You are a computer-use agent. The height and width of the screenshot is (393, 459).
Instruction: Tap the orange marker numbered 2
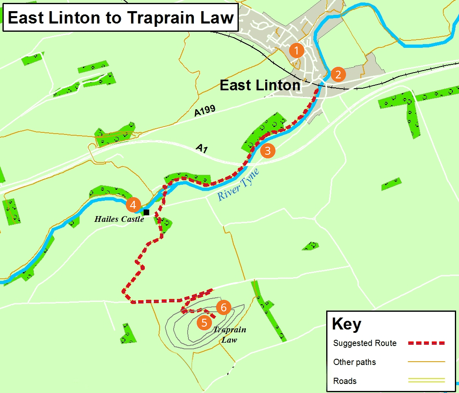[x=338, y=75]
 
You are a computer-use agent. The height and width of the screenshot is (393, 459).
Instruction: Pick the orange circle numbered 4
[x=133, y=205]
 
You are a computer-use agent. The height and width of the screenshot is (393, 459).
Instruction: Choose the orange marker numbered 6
[x=224, y=307]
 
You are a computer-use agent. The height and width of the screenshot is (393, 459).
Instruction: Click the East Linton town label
[x=260, y=85]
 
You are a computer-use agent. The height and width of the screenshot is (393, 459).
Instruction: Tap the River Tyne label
[x=238, y=184]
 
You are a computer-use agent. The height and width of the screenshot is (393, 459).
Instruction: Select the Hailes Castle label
[x=119, y=219]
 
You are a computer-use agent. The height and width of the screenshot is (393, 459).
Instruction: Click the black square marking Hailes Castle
[x=146, y=212]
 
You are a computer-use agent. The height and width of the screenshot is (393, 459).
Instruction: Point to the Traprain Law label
[x=229, y=334]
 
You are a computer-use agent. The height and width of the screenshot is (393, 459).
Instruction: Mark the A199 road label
[x=205, y=111]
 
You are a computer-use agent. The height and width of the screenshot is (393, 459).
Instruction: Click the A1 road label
[x=201, y=148]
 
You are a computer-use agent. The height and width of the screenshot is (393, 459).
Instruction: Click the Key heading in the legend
[x=346, y=324]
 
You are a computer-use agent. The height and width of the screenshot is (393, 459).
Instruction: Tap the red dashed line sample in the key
[x=426, y=343]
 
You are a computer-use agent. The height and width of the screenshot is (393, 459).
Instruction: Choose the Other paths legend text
[x=355, y=362]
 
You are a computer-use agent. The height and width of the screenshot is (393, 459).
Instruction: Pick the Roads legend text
[x=345, y=381]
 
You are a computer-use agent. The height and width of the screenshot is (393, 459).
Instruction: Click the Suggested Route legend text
[x=365, y=343]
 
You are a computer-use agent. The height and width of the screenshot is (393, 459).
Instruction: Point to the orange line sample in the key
[x=426, y=362]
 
